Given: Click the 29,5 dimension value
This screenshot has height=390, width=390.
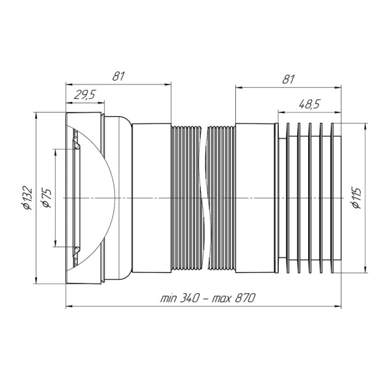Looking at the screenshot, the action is tap(84, 95).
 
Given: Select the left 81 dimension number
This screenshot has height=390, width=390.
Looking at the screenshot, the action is tap(118, 76).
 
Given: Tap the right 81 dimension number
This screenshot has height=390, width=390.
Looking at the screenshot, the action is tap(288, 79).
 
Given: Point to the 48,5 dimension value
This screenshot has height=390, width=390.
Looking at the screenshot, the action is tap(309, 105).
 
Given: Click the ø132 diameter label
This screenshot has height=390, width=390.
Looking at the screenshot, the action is tap(27, 198).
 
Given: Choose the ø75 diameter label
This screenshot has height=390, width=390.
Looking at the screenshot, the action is tap(47, 198).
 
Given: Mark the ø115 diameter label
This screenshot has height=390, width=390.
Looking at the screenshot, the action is tap(356, 198).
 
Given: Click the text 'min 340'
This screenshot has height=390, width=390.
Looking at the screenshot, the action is tap(179, 298).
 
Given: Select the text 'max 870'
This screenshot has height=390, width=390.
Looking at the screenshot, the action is tap(233, 298).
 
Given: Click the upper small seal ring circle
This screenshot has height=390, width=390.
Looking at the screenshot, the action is tap(77, 147).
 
